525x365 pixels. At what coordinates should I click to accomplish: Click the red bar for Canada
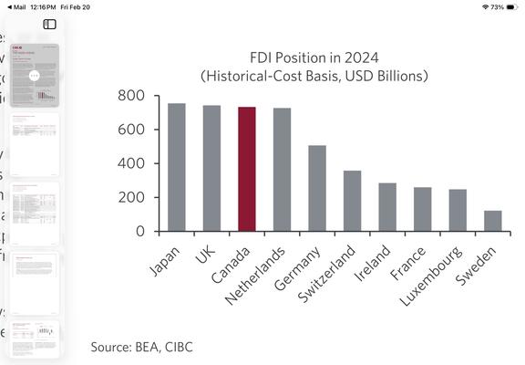(x=247, y=169)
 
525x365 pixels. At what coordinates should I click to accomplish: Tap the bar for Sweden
(x=492, y=221)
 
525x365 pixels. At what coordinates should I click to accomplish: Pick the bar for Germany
(x=317, y=188)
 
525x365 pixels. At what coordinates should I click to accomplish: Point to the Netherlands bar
(x=282, y=170)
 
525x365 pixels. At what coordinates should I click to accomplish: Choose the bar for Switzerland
(x=352, y=201)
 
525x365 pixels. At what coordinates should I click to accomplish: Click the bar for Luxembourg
(x=458, y=210)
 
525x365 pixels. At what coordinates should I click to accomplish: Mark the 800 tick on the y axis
(x=132, y=96)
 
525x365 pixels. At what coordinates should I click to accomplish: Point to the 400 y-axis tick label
(x=132, y=164)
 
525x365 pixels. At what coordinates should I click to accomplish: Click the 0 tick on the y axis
(x=140, y=232)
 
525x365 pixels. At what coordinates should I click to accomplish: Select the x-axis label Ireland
(x=375, y=261)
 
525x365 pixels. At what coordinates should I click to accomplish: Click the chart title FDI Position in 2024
(x=314, y=56)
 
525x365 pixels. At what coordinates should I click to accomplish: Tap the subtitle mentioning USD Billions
(x=314, y=75)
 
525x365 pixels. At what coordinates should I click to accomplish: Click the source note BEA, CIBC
(x=141, y=347)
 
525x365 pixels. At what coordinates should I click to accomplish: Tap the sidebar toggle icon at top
(x=50, y=25)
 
